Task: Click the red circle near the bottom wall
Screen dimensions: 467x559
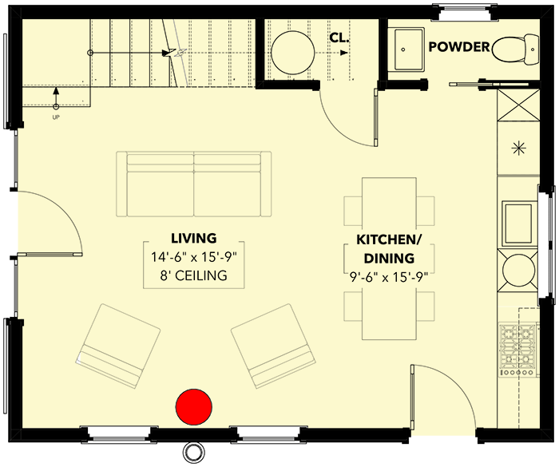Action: [x=193, y=406]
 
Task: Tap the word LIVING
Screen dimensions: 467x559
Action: [x=194, y=238]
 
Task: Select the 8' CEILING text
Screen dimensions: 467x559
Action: [x=194, y=276]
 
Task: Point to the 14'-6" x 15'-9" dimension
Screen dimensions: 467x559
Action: [x=194, y=257]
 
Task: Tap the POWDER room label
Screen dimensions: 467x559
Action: [x=459, y=47]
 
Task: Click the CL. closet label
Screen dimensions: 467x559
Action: [x=339, y=38]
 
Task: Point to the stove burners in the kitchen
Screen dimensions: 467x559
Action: [x=517, y=350]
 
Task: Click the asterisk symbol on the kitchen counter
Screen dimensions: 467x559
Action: [x=517, y=147]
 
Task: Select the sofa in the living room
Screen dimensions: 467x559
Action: [x=194, y=184]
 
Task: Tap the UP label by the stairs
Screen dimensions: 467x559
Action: [x=56, y=117]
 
